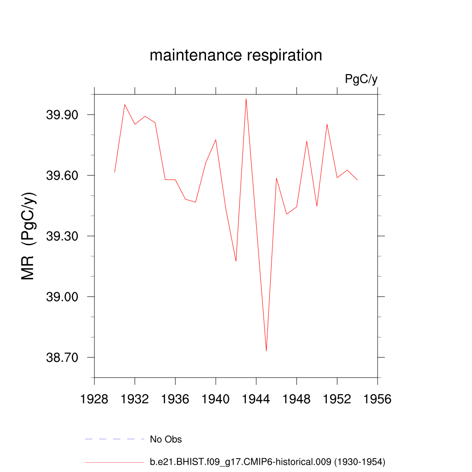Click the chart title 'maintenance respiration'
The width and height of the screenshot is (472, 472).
click(236, 55)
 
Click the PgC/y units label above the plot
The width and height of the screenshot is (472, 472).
click(361, 79)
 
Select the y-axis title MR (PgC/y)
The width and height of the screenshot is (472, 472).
click(29, 236)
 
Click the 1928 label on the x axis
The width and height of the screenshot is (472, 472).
click(94, 399)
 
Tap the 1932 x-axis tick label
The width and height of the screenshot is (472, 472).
click(135, 399)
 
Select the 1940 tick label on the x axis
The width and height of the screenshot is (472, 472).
click(216, 399)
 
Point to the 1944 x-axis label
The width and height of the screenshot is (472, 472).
click(256, 399)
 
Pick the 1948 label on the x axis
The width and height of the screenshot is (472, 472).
click(297, 399)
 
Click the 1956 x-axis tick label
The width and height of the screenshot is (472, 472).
click(378, 399)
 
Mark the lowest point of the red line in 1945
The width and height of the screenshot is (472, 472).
click(266, 351)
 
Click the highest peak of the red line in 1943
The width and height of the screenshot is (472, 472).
click(246, 99)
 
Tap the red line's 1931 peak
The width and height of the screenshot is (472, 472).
click(124, 104)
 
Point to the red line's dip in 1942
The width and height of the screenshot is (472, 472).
click(236, 261)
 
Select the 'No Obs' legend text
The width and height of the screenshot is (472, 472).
click(166, 439)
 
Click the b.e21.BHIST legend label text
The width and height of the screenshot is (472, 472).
click(267, 461)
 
